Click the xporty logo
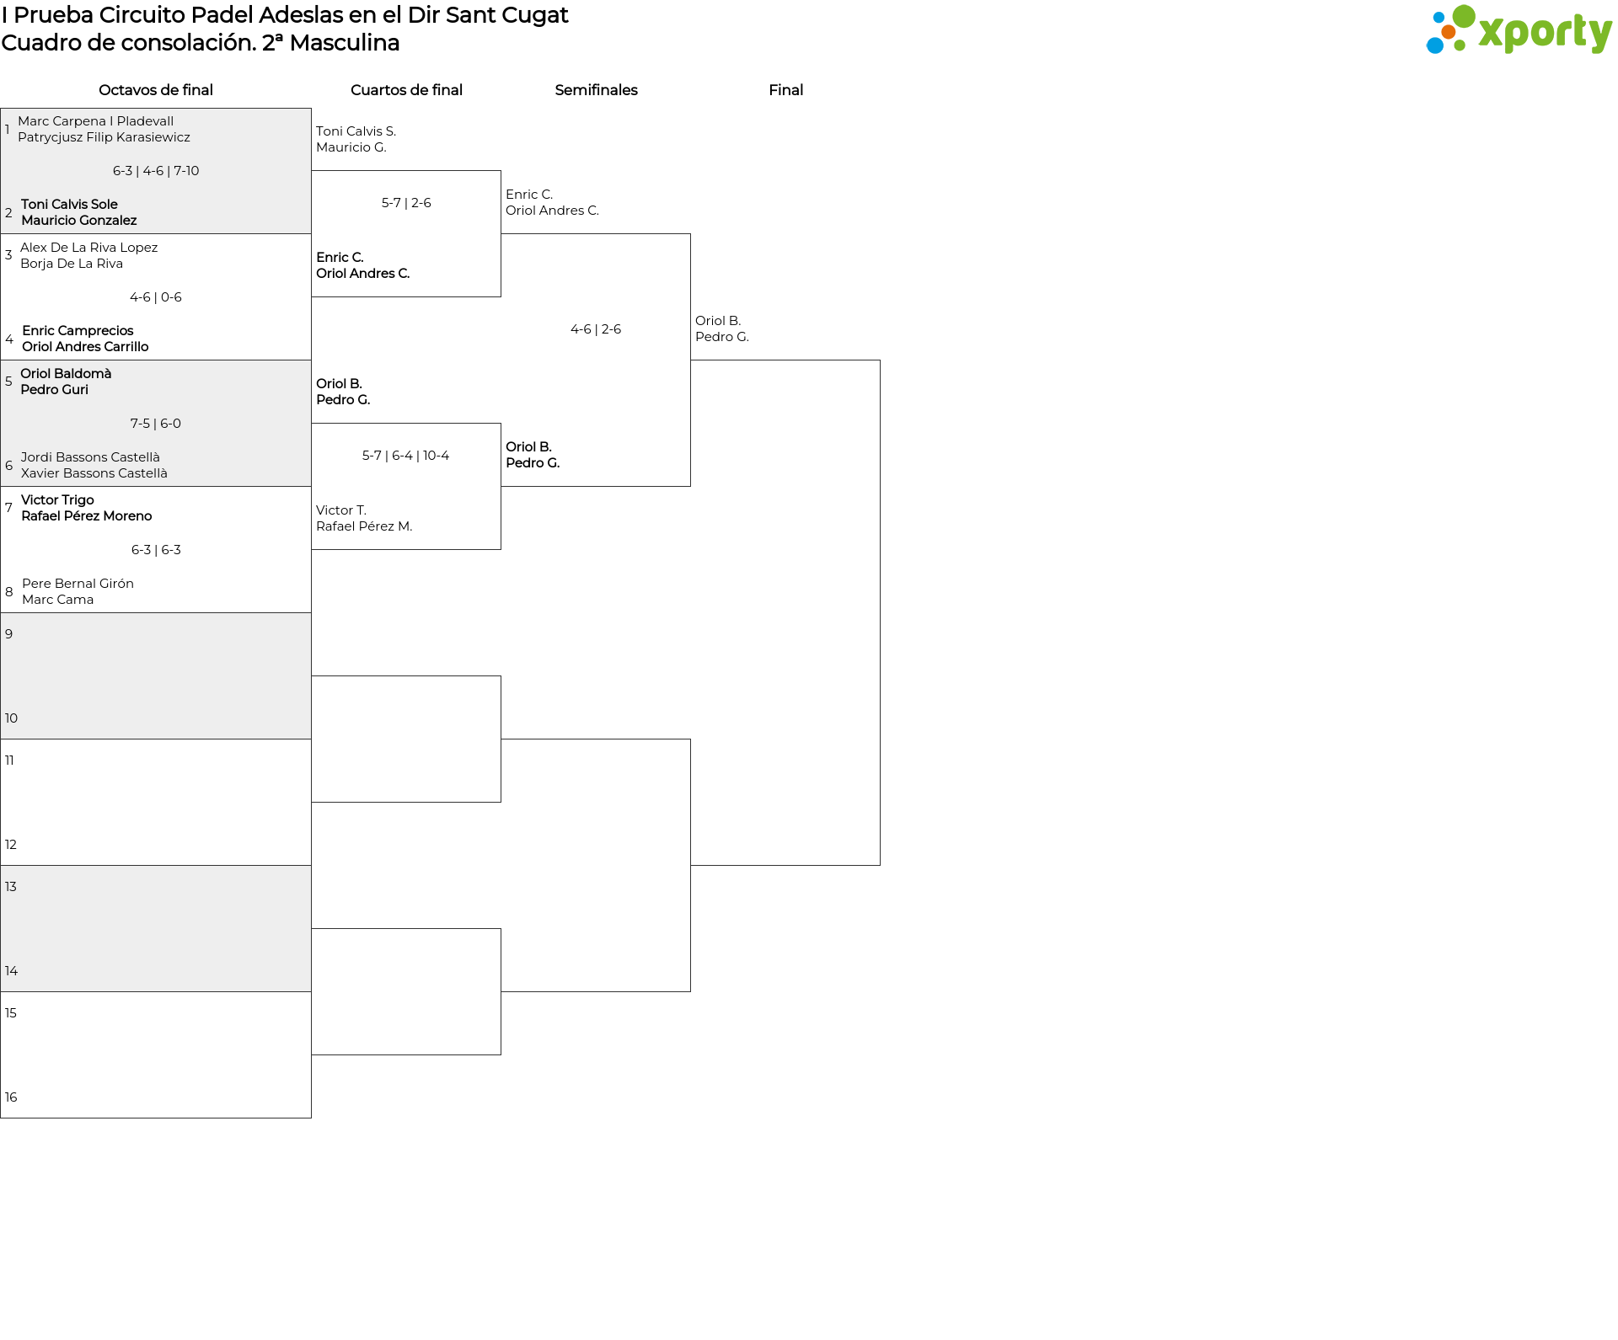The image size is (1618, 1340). pos(1519,29)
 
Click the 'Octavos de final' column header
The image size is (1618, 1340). pos(156,90)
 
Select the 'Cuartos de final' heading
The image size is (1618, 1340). pos(406,90)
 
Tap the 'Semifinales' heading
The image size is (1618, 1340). pos(596,90)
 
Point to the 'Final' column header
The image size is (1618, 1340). pos(785,90)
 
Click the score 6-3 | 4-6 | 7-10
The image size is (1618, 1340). pos(156,171)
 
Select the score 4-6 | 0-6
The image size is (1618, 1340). pos(156,297)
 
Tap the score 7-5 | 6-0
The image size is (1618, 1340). pos(156,424)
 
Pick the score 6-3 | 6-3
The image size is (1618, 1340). pos(156,550)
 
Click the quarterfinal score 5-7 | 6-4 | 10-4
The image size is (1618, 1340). pos(405,456)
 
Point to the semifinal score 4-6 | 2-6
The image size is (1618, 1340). pos(596,329)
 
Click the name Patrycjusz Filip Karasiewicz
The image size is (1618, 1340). pos(104,137)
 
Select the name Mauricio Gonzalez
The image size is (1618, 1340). pos(79,221)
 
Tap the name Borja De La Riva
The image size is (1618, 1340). pos(72,264)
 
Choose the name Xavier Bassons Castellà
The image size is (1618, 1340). pos(94,473)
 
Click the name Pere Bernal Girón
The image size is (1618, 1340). pos(78,584)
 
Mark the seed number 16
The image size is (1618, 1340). pos(11,1097)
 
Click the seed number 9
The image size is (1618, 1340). pos(8,634)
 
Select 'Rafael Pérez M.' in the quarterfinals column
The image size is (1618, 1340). pos(364,526)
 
